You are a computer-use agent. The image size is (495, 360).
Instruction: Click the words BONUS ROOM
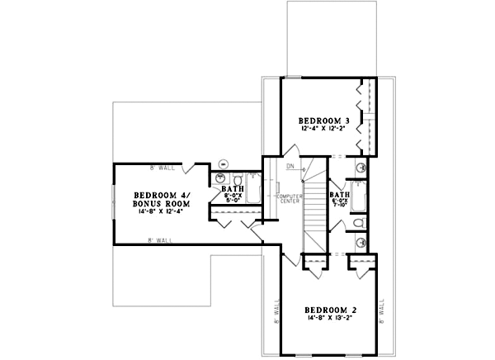161,202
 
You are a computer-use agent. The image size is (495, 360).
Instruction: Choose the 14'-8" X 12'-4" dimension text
161,211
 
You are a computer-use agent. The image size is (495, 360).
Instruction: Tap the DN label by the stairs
290,167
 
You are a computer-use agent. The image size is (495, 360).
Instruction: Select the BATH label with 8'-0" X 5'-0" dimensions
232,188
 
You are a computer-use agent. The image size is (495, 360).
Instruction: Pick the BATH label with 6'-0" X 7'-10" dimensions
340,195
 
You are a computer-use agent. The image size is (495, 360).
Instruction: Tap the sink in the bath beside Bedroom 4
220,178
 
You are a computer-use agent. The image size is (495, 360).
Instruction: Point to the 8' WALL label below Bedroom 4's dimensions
160,239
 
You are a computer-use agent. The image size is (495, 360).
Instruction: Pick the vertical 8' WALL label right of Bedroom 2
382,311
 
